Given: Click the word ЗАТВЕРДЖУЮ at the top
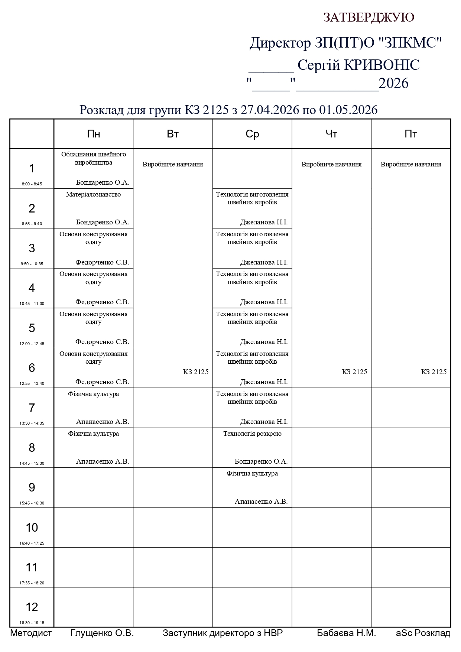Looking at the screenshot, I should coord(369,17).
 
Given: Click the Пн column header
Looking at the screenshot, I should coord(94,134).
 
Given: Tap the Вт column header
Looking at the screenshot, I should coord(173,134).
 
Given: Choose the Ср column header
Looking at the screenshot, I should coord(252,134).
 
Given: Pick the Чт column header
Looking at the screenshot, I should coord(331,134).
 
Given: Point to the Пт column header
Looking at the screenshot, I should coord(411,134).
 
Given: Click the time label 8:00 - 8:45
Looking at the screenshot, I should coord(32,184).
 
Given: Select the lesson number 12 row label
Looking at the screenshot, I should coord(32,607).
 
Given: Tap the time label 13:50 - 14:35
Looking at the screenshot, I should coord(32,423).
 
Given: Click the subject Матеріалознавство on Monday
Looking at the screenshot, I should coord(94,194).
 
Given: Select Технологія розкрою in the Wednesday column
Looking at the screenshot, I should coord(252,434).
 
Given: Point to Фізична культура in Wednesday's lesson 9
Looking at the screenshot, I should coord(252,473).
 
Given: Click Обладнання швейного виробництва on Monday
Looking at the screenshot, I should coord(94,158).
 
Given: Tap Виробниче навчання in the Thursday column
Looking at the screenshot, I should coord(331,164).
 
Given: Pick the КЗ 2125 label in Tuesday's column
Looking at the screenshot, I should coord(196,372).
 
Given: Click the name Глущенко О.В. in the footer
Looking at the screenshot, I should coord(102,633).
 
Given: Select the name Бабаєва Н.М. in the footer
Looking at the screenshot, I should coord(346,633).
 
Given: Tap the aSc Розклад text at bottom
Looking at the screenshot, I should coord(423,633).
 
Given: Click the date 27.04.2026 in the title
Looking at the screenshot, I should coord(270,110).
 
